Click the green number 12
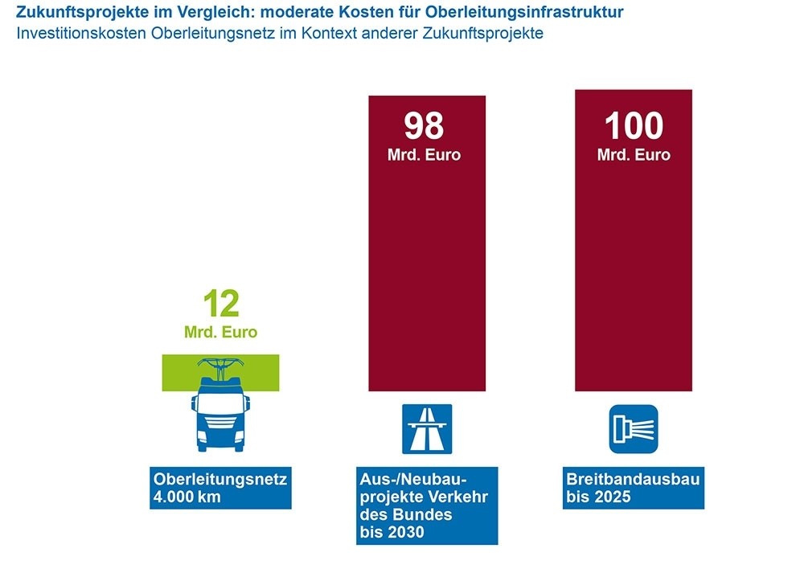(x=221, y=305)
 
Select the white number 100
(x=634, y=127)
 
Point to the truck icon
(x=220, y=418)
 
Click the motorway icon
(x=427, y=429)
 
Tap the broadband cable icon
(x=634, y=429)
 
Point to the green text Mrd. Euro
(x=221, y=331)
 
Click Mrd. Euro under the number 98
(x=424, y=154)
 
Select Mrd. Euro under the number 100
(x=634, y=154)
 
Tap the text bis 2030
(x=392, y=532)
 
